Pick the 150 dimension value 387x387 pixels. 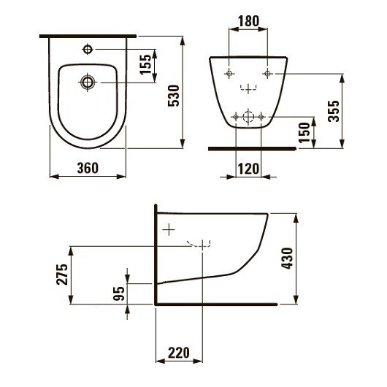click(x=305, y=131)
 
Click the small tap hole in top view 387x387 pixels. click(x=87, y=49)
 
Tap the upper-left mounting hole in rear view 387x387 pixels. click(x=229, y=73)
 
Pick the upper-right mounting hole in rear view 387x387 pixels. click(x=267, y=73)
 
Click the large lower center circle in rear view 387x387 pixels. click(x=248, y=117)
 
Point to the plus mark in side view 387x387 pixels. click(x=169, y=229)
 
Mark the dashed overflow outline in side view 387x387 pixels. click(x=199, y=244)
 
